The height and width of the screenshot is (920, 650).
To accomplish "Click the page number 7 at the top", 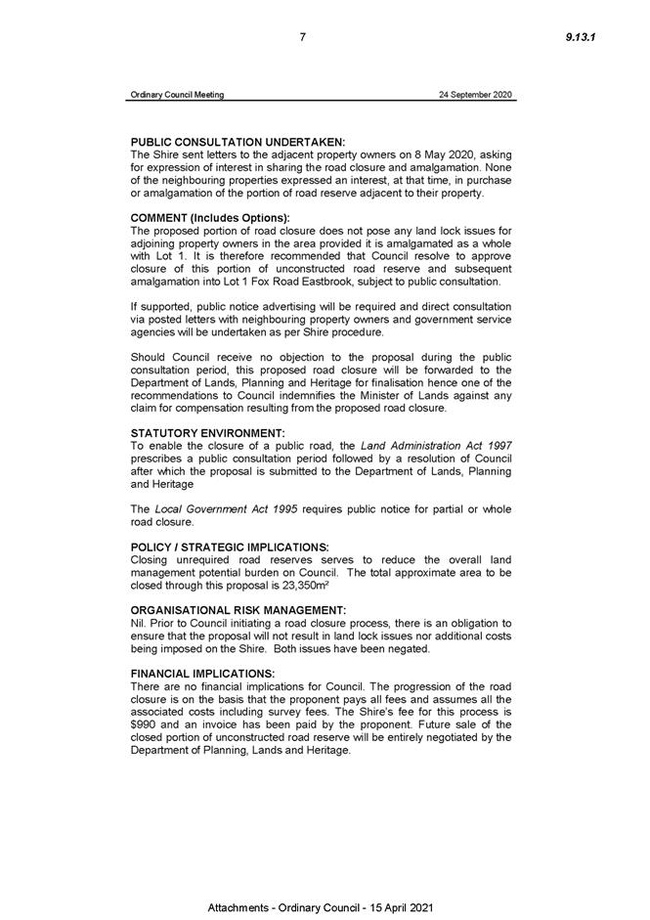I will (x=303, y=37).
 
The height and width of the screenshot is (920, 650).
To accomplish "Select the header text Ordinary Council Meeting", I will (x=177, y=95).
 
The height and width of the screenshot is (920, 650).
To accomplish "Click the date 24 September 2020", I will (x=476, y=95).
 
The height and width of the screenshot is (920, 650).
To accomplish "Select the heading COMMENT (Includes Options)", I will (x=210, y=217).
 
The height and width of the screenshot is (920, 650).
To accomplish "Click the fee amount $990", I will (x=144, y=724).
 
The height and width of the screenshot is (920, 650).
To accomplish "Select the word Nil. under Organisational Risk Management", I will (x=137, y=622).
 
